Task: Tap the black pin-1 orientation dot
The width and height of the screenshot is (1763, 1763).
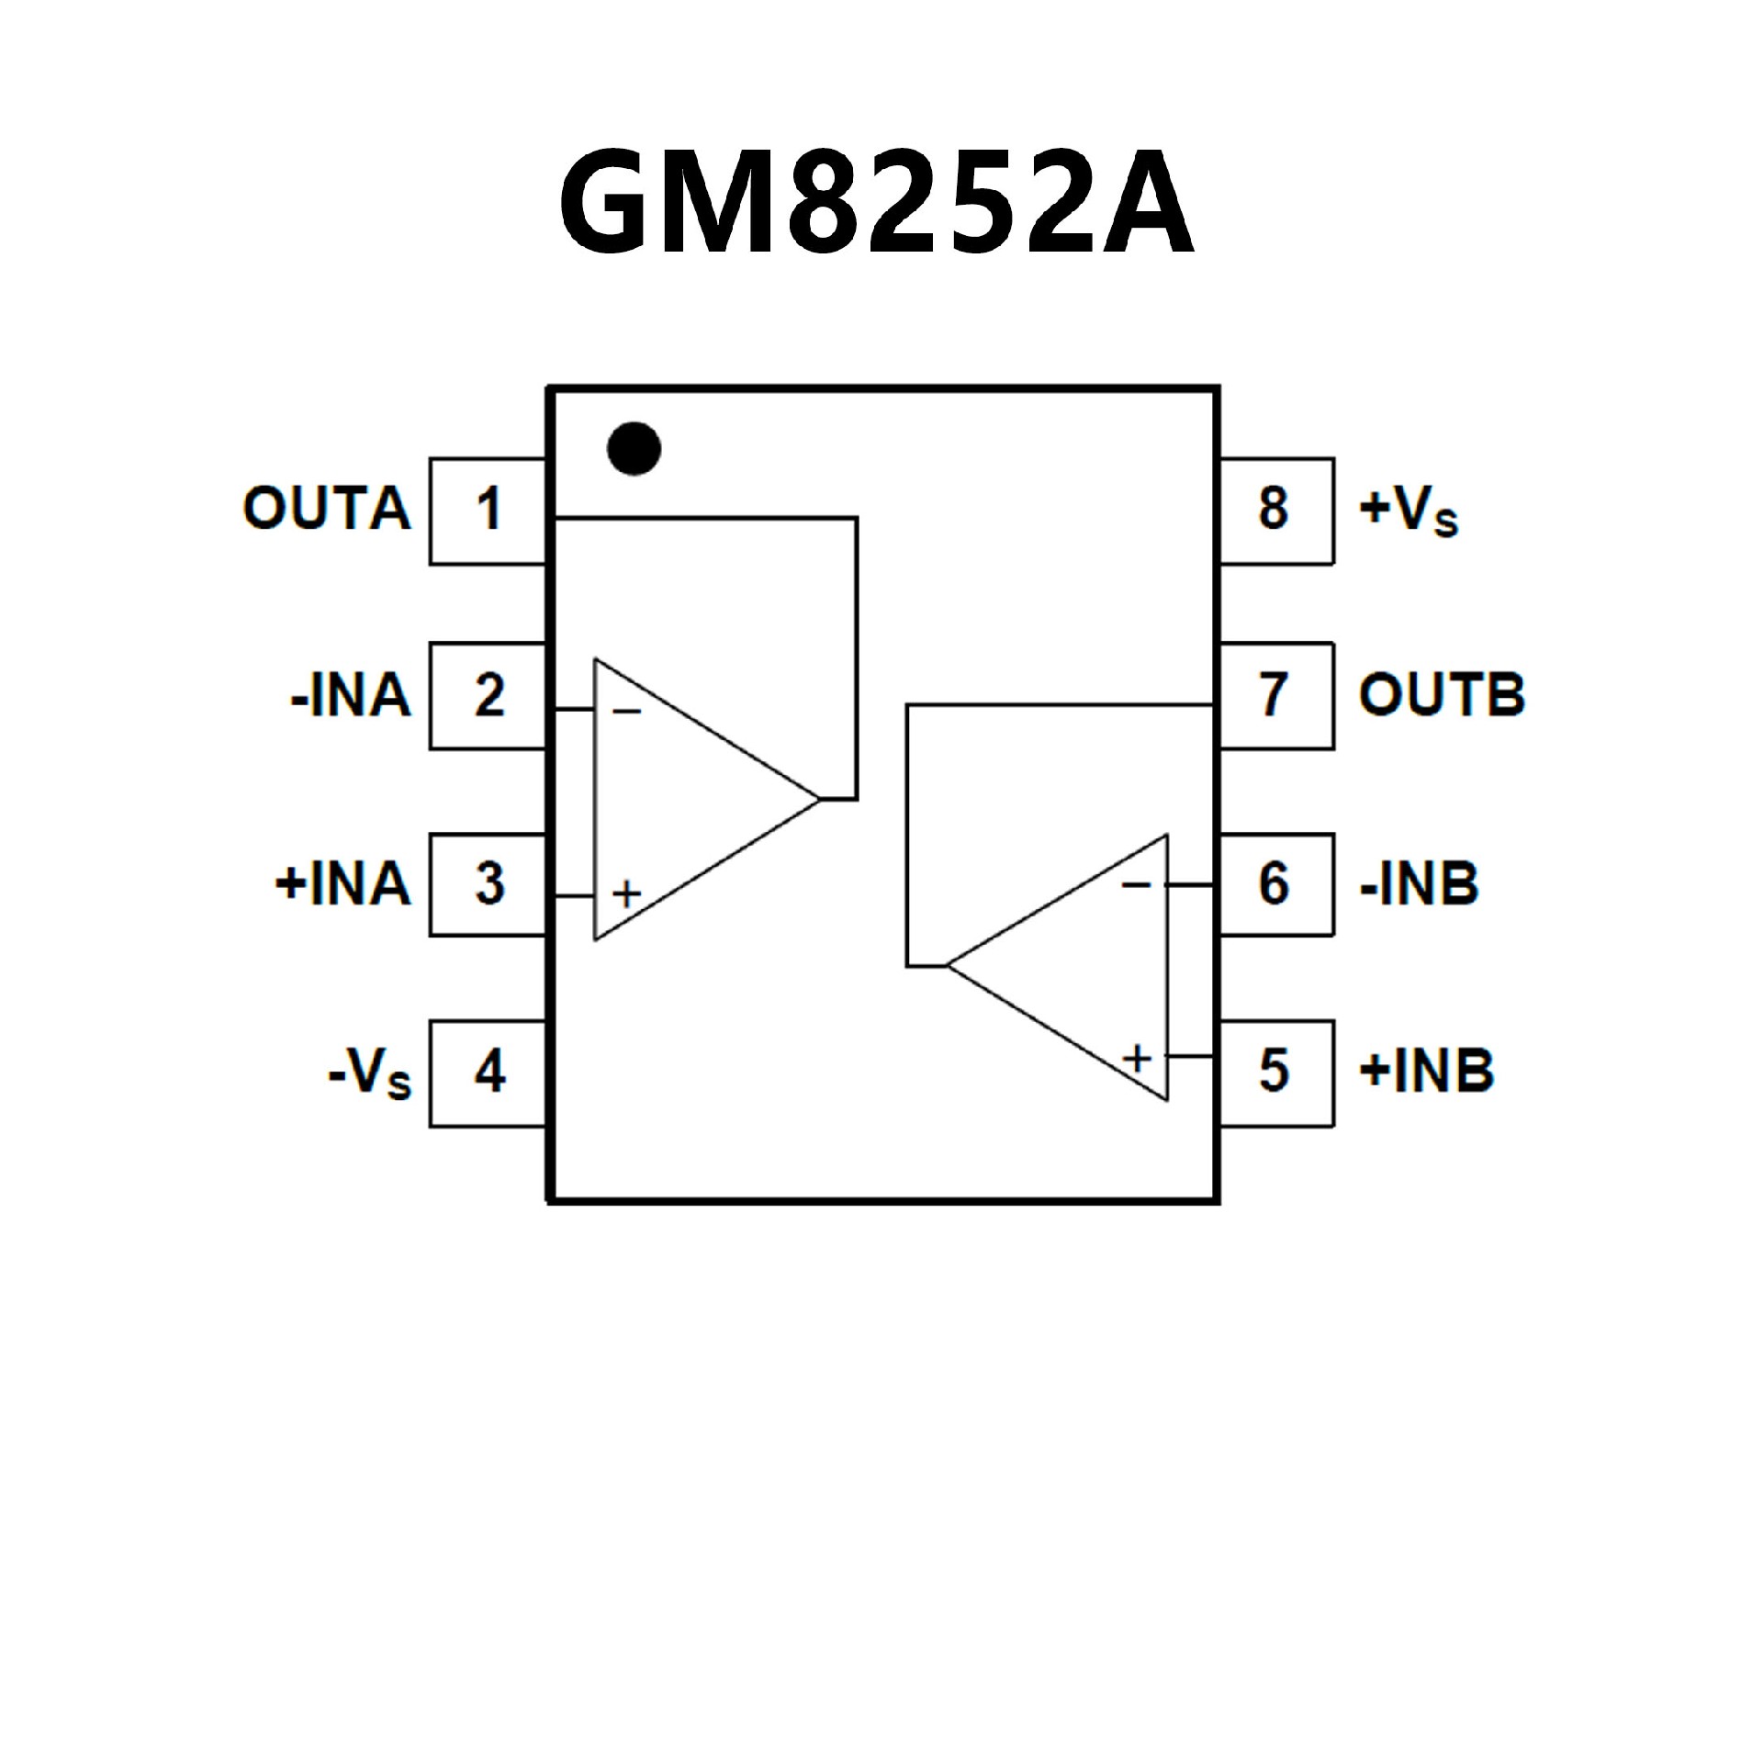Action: pos(634,449)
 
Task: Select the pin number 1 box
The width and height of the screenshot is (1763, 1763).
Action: pos(488,511)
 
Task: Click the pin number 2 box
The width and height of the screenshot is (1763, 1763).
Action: pos(488,696)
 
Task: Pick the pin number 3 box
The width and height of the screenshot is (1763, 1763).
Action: pos(488,884)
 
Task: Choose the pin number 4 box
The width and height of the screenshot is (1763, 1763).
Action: pos(488,1072)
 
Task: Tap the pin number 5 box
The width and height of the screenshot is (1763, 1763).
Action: pos(1275,1072)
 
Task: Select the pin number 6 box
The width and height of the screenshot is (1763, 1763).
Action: pos(1275,884)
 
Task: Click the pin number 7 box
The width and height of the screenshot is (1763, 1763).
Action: pos(1275,696)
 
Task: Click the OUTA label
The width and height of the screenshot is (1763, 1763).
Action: pos(327,509)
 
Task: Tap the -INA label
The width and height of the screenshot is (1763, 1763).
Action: pos(351,696)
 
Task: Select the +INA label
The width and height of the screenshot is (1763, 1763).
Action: pos(342,884)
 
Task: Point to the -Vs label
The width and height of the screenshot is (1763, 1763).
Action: pos(370,1073)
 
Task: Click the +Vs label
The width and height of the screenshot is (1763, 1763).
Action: pos(1409,511)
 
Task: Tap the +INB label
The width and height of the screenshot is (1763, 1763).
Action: pos(1426,1072)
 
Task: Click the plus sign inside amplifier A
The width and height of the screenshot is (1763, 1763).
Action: pos(626,893)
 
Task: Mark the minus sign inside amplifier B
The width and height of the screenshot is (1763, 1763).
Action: pos(1136,884)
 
